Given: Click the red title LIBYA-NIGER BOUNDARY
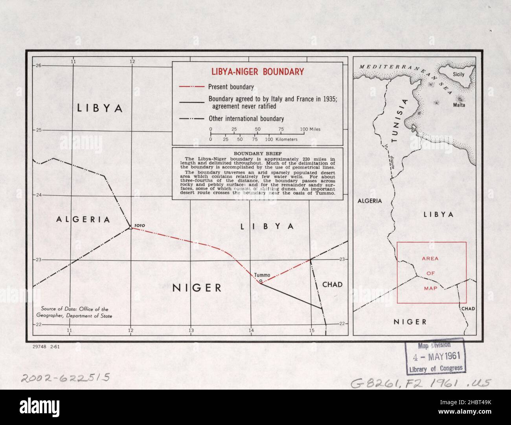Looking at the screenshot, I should tap(258, 72).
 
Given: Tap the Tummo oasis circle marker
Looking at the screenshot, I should tap(261, 281).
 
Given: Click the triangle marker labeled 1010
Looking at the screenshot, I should tap(130, 227).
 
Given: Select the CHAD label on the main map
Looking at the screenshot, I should tap(332, 284).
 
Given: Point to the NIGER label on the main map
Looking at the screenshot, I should tap(197, 288).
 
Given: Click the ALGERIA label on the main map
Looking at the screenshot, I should tap(83, 220).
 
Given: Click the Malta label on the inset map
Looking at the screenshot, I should tap(459, 105).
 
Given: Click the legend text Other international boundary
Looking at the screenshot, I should tap(246, 119).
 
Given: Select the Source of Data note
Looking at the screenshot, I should tap(75, 313).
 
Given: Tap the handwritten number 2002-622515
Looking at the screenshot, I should tap(65, 378).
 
